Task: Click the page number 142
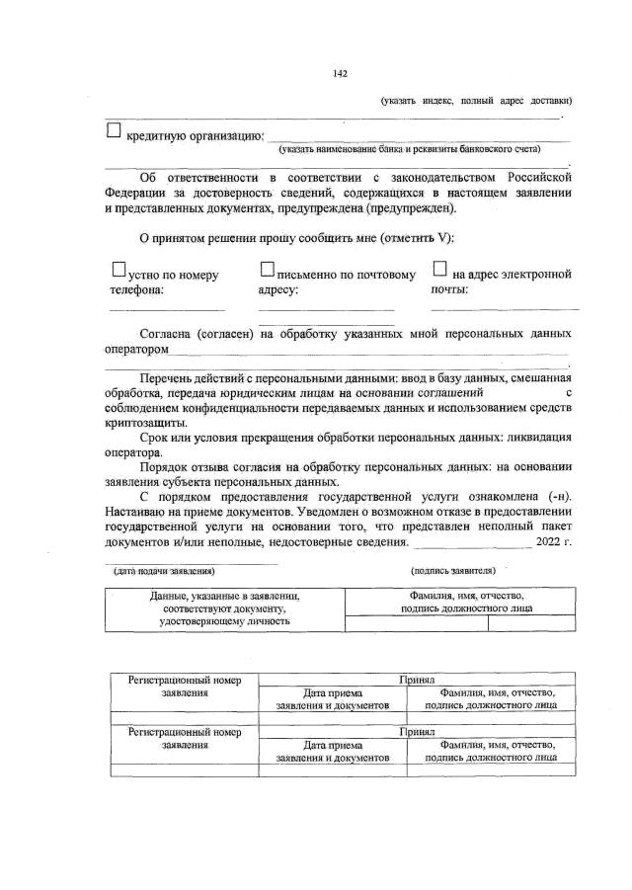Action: [x=340, y=73]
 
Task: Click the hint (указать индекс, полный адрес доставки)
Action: [x=477, y=100]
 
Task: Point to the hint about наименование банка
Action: [x=409, y=149]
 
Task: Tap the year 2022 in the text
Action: [x=544, y=541]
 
